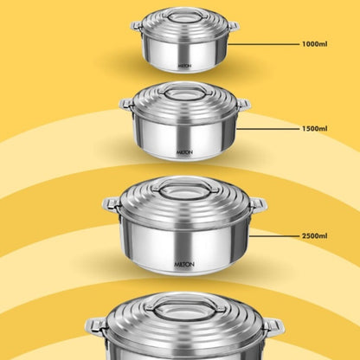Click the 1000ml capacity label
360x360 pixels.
pyautogui.click(x=315, y=44)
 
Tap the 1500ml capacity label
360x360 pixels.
pyautogui.click(x=315, y=128)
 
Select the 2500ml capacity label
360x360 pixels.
pyautogui.click(x=315, y=235)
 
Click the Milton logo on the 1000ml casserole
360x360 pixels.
pyautogui.click(x=184, y=66)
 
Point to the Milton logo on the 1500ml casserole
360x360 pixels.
pyautogui.click(x=184, y=152)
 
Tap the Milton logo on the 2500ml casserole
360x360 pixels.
pyautogui.click(x=184, y=264)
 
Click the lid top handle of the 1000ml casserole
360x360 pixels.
pyautogui.click(x=184, y=15)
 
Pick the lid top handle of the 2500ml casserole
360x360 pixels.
pyautogui.click(x=185, y=186)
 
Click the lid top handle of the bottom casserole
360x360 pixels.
pyautogui.click(x=185, y=305)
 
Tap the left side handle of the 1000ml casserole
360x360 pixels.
pyautogui.click(x=137, y=26)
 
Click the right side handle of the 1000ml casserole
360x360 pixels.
pyautogui.click(x=233, y=26)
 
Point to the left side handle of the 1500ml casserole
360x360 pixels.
pyautogui.click(x=126, y=104)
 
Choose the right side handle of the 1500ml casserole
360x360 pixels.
pyautogui.click(x=243, y=104)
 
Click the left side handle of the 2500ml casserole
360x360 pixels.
pyautogui.click(x=112, y=205)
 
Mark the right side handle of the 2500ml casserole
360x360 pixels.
pyautogui.click(x=258, y=205)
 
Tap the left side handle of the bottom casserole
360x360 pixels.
pyautogui.click(x=96, y=327)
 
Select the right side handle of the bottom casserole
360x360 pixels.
pyautogui.click(x=273, y=327)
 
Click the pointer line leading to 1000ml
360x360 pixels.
pyautogui.click(x=264, y=44)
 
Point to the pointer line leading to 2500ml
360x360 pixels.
pyautogui.click(x=274, y=236)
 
